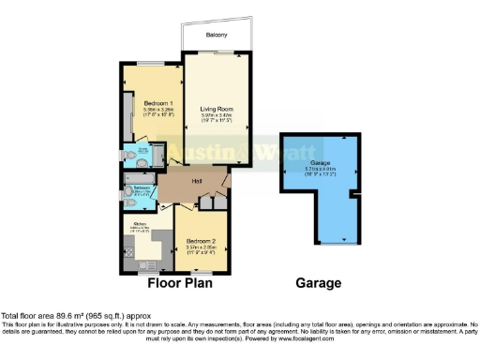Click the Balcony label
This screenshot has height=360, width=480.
(217, 35)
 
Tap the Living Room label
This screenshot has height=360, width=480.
(217, 110)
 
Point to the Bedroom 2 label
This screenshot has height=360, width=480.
(202, 240)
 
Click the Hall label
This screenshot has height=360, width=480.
(198, 181)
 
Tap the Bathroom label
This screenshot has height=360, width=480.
(142, 187)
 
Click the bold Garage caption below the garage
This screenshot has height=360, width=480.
(317, 282)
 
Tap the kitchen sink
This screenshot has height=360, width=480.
(128, 239)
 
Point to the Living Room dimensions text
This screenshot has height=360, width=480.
(217, 119)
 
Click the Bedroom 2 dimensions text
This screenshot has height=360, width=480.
(202, 249)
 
